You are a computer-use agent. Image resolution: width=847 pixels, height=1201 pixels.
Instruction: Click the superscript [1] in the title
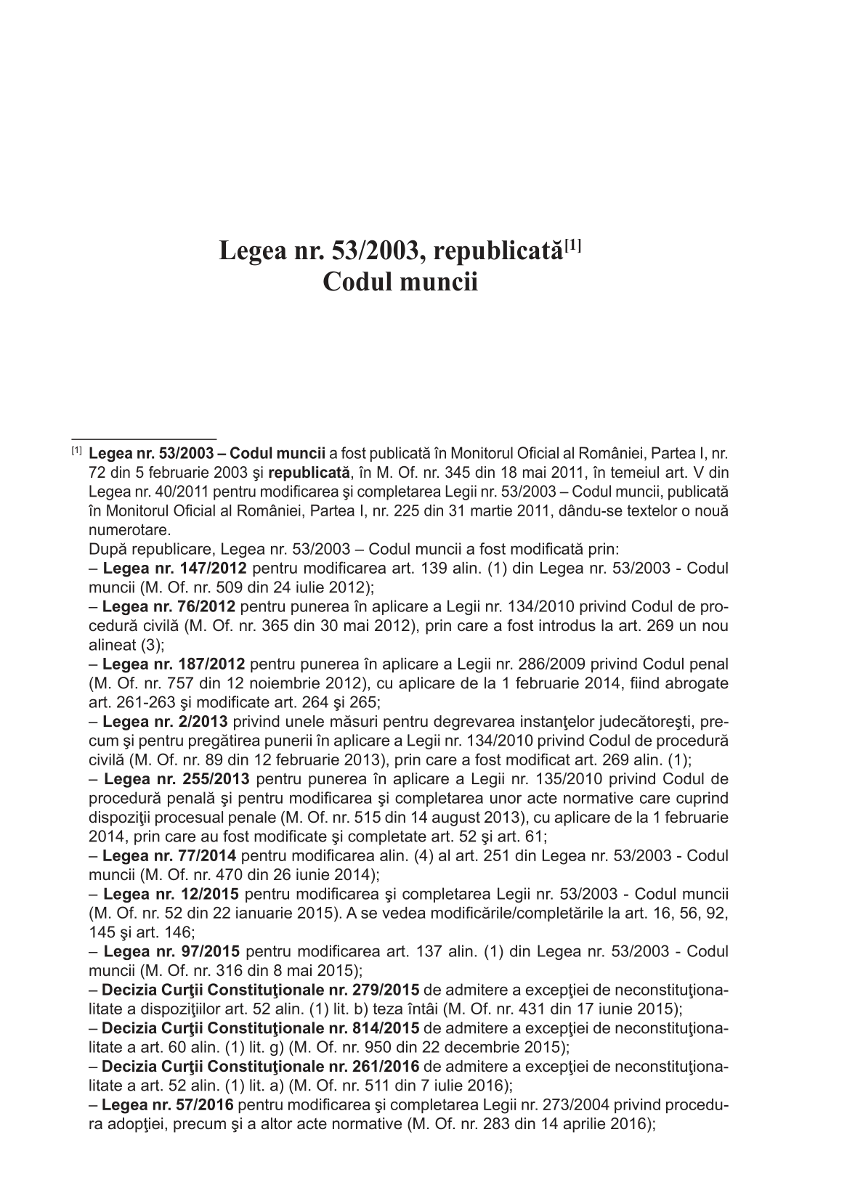point(575,247)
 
